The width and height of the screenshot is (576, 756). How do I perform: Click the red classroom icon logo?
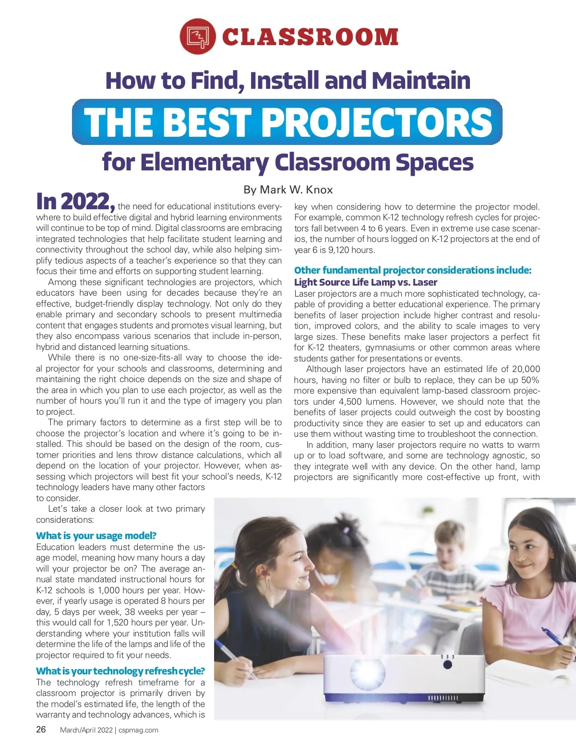[197, 36]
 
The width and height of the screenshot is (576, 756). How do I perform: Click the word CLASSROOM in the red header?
[310, 37]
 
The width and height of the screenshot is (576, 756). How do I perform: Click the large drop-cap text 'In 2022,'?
[75, 202]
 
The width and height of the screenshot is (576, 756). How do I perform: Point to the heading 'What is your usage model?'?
[96, 536]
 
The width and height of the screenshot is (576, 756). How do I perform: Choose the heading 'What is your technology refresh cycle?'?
[120, 671]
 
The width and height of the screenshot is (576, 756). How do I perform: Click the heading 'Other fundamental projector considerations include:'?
[413, 270]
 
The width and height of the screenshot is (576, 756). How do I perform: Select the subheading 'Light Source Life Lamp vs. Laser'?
[365, 282]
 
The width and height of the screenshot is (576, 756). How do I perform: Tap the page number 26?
[41, 730]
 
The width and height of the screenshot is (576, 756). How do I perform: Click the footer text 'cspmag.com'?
[138, 730]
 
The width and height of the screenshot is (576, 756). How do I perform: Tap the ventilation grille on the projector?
[443, 697]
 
